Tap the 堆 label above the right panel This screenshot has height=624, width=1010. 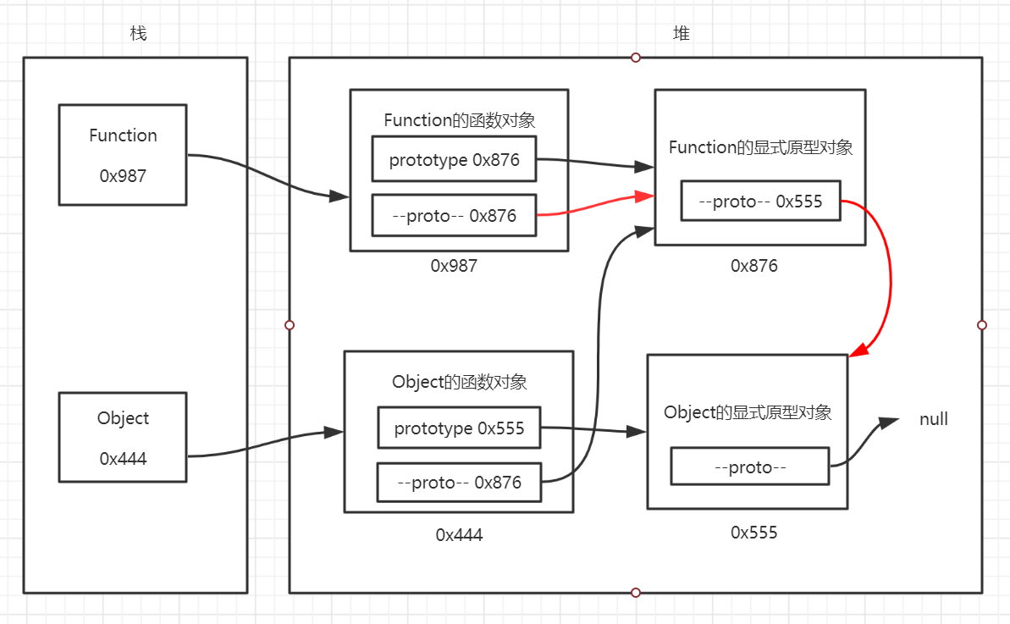pos(681,34)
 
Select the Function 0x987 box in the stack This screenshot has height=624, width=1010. pos(123,155)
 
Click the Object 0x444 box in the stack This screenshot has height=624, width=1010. pos(123,437)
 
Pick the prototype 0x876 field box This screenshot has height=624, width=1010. pos(454,160)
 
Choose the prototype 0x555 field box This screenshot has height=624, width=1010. pos(459,428)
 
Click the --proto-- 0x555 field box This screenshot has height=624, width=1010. pos(760,202)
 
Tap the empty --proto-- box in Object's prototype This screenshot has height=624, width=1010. pos(749,467)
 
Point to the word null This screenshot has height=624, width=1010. pos(934,419)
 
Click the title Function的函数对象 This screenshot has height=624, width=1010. pos(459,120)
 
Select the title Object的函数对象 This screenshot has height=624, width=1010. pos(459,382)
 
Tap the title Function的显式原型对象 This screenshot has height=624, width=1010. pos(760,147)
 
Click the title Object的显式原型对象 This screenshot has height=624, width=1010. pos(748,412)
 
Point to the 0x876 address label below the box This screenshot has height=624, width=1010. pos(754,266)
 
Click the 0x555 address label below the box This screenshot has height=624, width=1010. pos(754,533)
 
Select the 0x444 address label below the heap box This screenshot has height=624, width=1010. pos(459,534)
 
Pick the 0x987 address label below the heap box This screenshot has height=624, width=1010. pos(454,266)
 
